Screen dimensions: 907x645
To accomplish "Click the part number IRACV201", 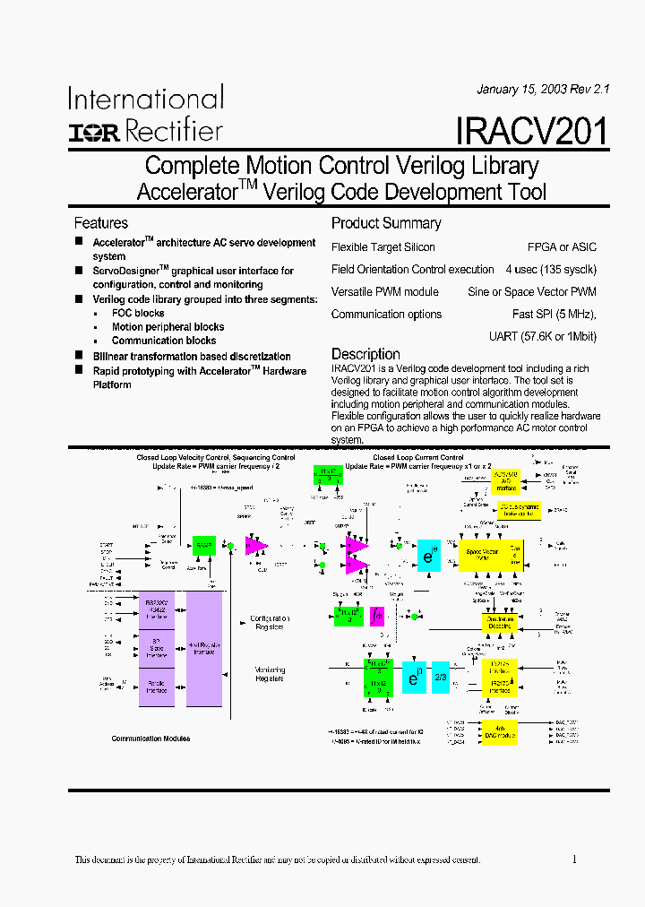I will click(x=531, y=132).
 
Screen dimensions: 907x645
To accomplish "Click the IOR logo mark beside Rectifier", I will click(x=94, y=133).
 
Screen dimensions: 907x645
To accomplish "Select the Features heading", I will click(x=100, y=223).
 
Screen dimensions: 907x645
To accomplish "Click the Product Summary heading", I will click(x=386, y=223).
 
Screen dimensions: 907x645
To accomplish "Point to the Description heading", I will click(x=365, y=354).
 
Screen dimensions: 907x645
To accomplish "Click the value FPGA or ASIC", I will click(x=563, y=247).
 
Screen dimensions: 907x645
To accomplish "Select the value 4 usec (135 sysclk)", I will click(x=550, y=270).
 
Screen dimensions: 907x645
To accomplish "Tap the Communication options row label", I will click(x=386, y=315).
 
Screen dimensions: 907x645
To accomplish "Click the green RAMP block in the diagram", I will click(x=205, y=545).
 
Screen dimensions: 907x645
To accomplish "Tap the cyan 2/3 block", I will click(x=440, y=677).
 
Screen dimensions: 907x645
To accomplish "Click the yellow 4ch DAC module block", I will click(x=500, y=731).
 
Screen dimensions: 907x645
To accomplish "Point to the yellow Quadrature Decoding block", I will click(x=500, y=622).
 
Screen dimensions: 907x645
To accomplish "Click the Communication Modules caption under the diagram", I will click(x=150, y=739).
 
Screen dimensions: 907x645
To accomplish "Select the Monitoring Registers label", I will click(x=269, y=674).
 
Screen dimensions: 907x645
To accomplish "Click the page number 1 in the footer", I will click(x=574, y=859).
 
